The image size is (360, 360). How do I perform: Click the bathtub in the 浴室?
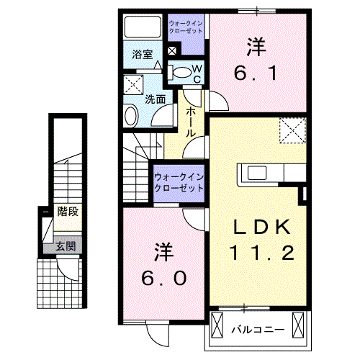143,27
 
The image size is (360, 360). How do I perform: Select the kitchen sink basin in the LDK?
257,173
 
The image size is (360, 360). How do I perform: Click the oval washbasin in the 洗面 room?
131,116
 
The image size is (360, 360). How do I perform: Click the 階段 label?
68,212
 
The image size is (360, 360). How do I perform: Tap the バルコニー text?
258,330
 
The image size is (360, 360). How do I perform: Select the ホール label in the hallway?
191,122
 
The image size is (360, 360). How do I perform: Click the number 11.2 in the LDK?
262,253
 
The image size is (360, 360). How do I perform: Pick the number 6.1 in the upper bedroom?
256,73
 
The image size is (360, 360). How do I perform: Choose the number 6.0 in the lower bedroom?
164,278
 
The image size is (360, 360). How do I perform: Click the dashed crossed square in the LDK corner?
292,130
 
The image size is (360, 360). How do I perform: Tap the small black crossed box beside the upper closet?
173,51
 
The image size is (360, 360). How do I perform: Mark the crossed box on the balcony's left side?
217,325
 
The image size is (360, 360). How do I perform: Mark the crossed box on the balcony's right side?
298,325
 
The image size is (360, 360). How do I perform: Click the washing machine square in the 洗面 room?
133,84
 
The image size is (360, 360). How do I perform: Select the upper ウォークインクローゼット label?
186,27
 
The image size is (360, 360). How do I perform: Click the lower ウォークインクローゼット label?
179,183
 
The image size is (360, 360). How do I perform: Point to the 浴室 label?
143,54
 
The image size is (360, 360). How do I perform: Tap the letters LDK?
262,227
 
